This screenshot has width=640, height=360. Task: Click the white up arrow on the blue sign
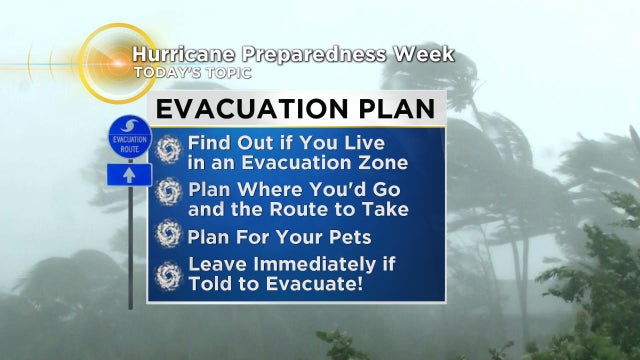click(129, 174)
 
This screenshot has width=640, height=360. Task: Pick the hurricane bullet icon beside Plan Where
click(168, 192)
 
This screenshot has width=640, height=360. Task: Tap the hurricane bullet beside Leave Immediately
click(168, 275)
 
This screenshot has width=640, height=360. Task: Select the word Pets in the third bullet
click(349, 237)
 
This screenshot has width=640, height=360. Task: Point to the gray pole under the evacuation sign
click(129, 250)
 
